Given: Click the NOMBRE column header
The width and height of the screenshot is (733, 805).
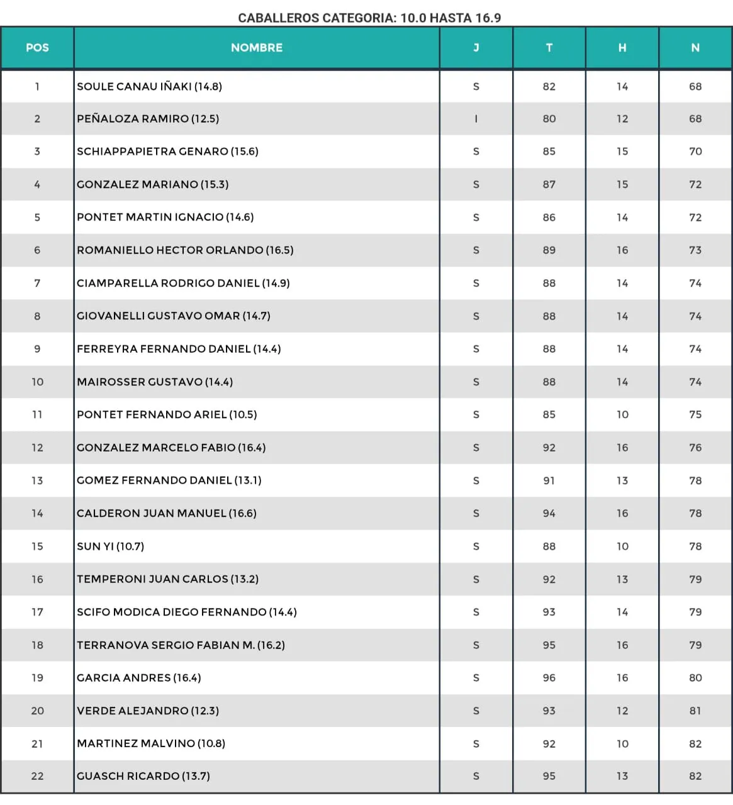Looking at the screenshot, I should [x=257, y=48].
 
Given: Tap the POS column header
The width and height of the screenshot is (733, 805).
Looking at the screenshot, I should [x=37, y=48].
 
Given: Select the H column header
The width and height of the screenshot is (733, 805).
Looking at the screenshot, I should [x=622, y=48].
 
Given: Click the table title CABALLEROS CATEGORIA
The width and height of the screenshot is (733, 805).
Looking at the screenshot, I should [x=369, y=18].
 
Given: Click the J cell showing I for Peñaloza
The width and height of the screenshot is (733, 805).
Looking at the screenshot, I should [x=476, y=119].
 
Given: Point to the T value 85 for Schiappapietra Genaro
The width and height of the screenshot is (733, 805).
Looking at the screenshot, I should [x=549, y=152].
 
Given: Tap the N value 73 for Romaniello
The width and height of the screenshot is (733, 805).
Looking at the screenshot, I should [x=695, y=250].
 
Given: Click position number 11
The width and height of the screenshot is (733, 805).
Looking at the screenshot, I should [x=37, y=415].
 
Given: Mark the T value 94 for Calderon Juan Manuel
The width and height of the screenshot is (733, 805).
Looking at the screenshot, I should [x=549, y=514].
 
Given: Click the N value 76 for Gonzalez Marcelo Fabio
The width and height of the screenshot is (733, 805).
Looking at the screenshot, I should [x=695, y=448].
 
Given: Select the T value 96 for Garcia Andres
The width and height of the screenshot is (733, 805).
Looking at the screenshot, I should [x=549, y=678].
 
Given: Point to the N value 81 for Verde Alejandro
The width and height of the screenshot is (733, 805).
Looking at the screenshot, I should [x=695, y=711].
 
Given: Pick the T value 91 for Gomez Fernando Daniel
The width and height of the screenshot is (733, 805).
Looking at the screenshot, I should [x=549, y=480].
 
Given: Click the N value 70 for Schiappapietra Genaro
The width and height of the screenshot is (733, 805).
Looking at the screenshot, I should [x=695, y=152].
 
